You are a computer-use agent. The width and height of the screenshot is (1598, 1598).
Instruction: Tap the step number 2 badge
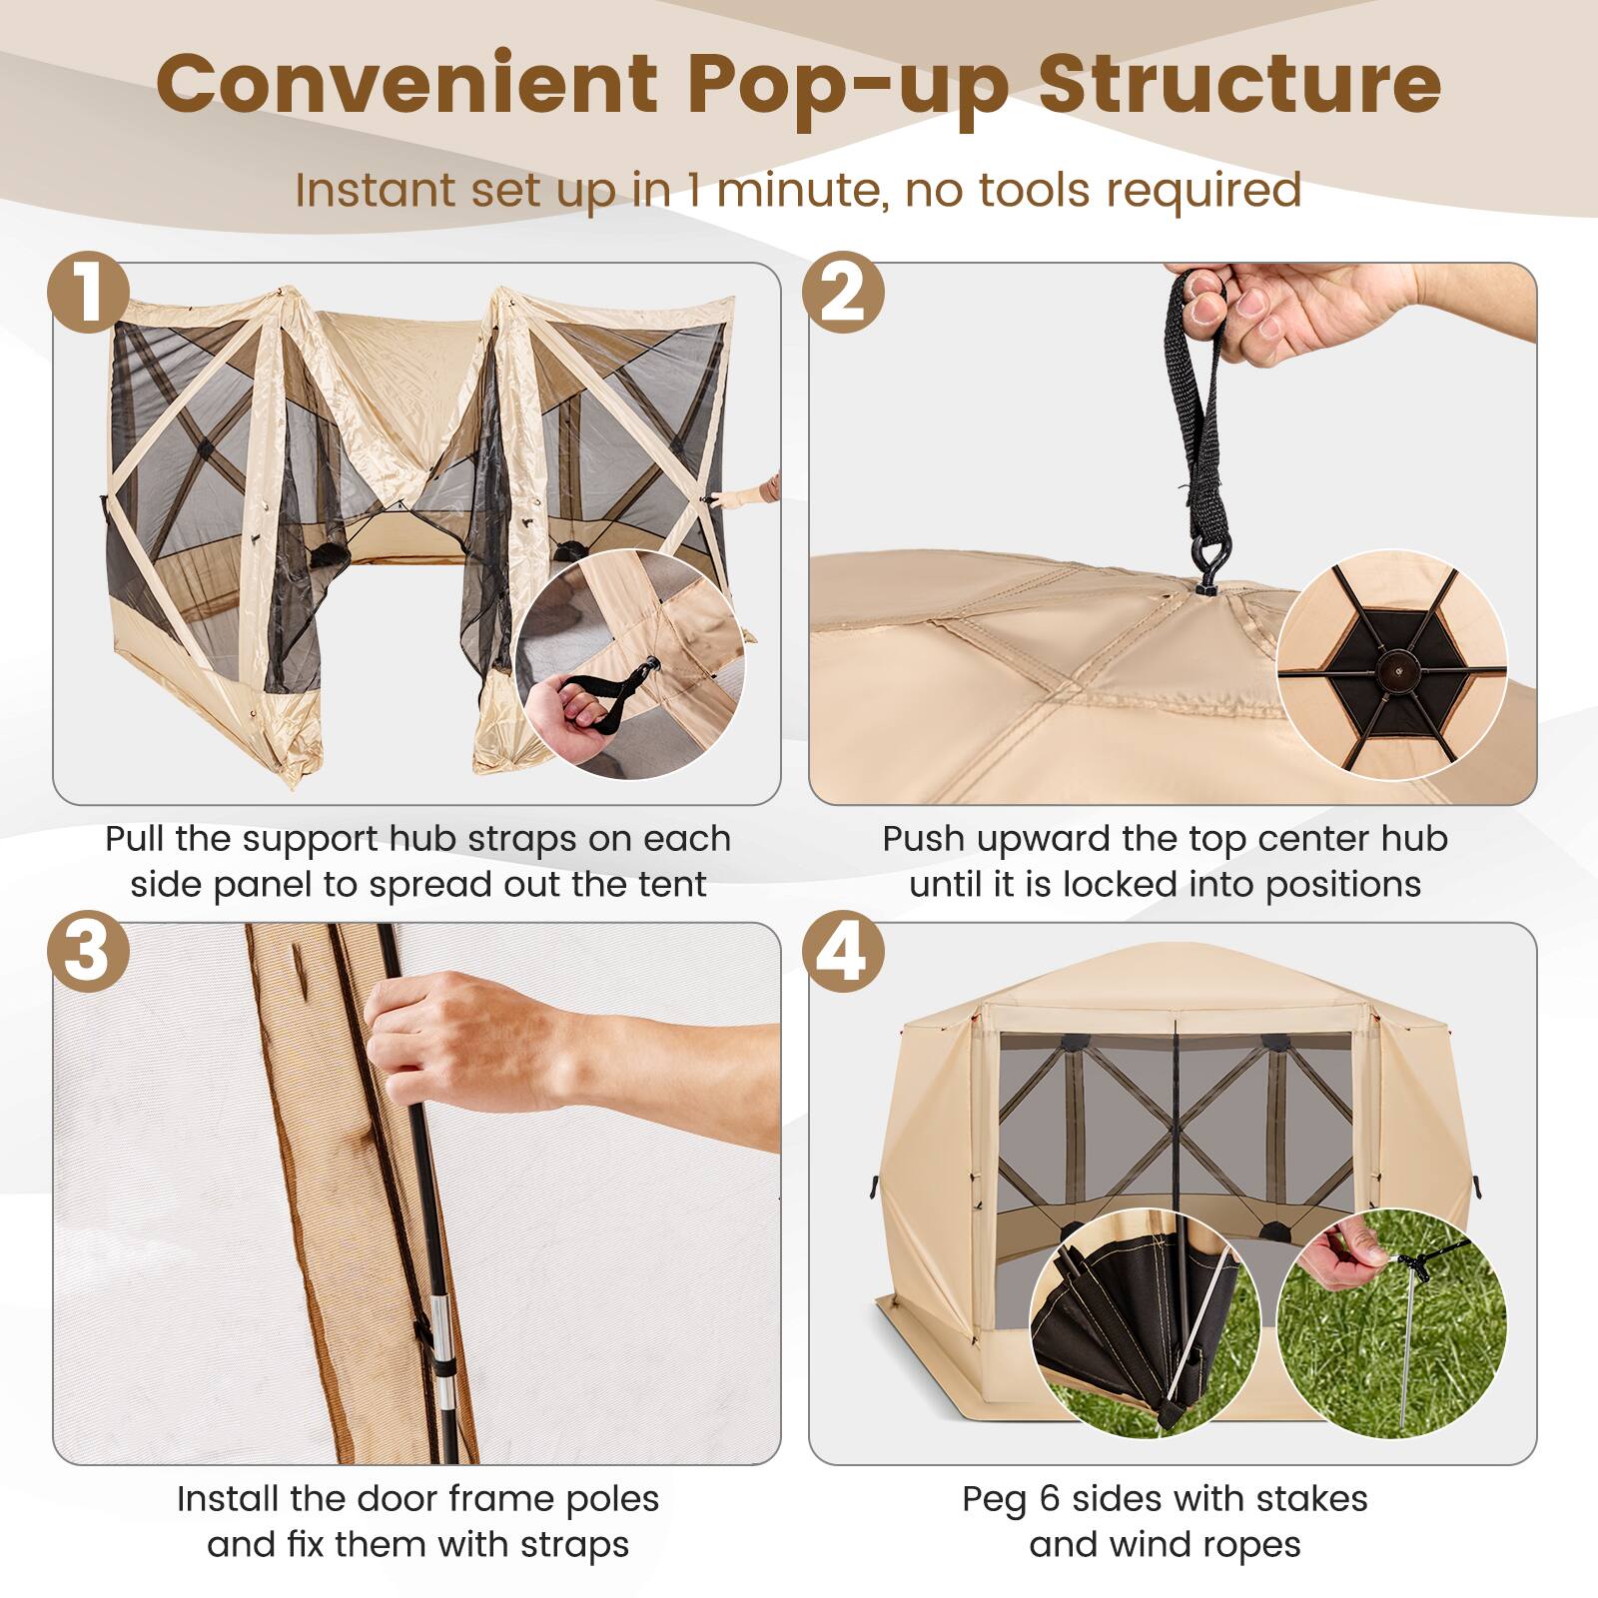[x=845, y=294]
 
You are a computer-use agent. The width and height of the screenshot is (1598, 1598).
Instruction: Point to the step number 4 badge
[x=845, y=953]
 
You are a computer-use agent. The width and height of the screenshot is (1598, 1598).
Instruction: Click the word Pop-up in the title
[x=848, y=84]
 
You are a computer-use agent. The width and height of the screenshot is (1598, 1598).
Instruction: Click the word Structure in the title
[x=1239, y=84]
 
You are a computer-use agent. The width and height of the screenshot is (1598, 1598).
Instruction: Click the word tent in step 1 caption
[x=672, y=885]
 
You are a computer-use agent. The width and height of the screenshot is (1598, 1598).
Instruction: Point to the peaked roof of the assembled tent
[x=1175, y=969]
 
